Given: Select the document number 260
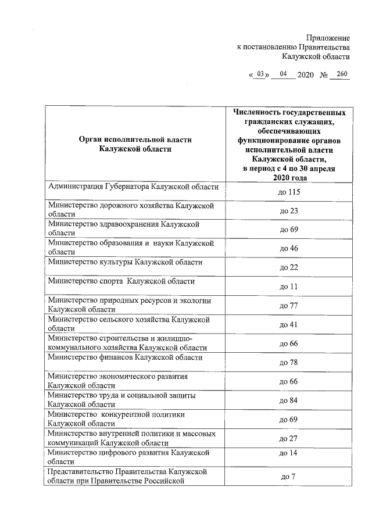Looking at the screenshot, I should coord(342,74).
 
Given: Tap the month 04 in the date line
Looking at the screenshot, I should coord(284,74).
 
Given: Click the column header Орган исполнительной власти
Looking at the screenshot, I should coord(135,144).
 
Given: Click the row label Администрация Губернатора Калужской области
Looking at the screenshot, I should coord(133,187).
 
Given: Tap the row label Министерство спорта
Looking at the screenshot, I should coord(121,281).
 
